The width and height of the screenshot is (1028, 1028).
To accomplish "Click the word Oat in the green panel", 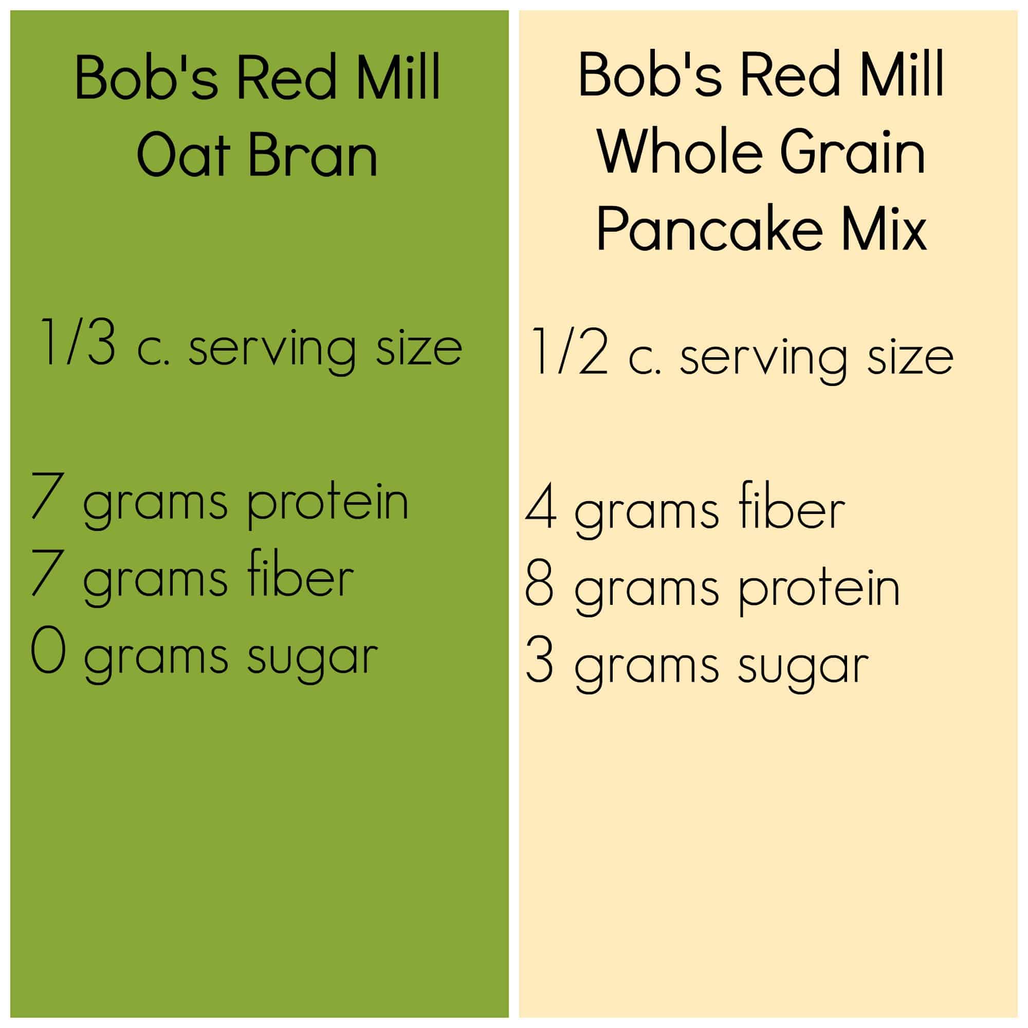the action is point(183,154).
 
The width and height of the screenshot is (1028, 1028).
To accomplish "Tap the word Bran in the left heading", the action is point(313,154).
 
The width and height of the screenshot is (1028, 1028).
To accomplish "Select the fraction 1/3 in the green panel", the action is point(77,342).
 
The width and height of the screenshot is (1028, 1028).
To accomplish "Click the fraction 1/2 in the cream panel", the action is point(569,352).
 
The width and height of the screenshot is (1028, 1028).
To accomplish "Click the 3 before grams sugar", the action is point(539,660).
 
